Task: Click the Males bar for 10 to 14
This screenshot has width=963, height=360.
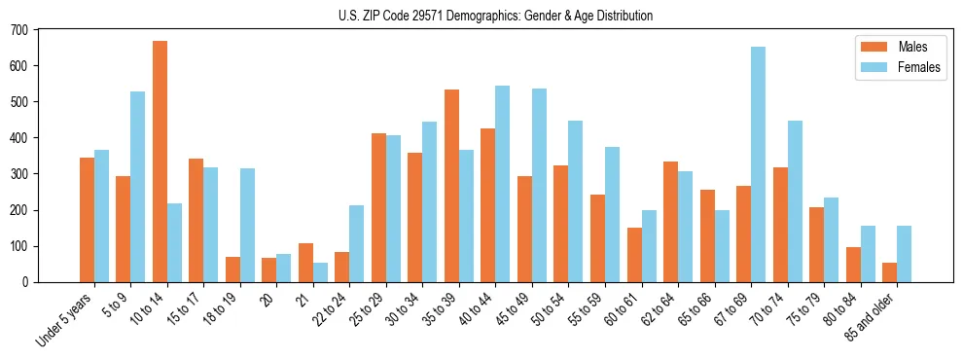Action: pos(160,162)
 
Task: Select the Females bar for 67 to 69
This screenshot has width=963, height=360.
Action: pos(758,164)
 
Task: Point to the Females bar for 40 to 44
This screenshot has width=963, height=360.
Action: pos(503,184)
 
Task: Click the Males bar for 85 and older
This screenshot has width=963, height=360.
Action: pos(890,272)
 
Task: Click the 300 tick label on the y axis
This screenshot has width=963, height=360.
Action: pos(19,174)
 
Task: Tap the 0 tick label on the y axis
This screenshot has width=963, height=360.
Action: pos(25,282)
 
